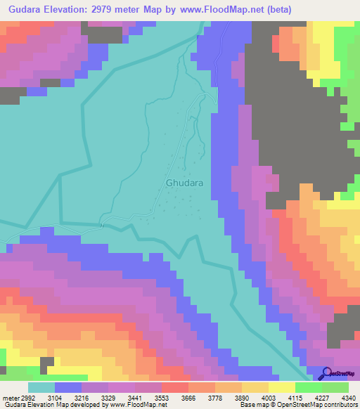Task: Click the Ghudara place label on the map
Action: [x=185, y=183]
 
